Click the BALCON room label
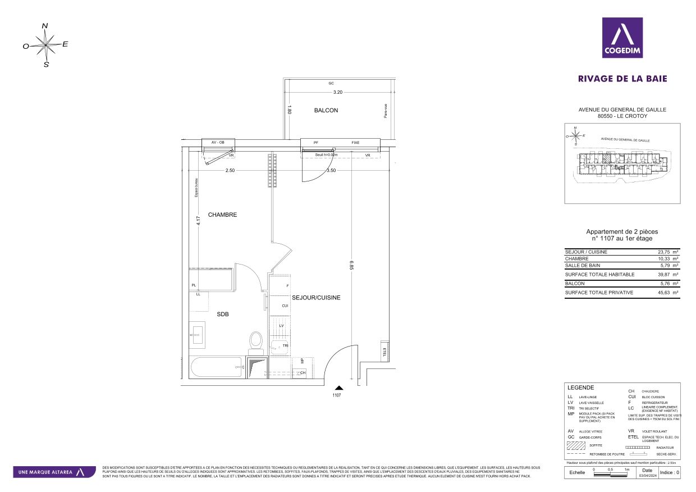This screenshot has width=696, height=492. [x=326, y=111]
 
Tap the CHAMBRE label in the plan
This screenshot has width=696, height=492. [x=222, y=215]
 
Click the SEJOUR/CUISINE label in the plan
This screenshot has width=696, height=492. [x=316, y=298]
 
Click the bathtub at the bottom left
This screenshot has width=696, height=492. [x=217, y=368]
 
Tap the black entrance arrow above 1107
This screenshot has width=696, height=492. [x=338, y=387]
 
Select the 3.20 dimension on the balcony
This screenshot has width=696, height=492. [x=337, y=92]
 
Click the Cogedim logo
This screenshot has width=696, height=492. [x=622, y=38]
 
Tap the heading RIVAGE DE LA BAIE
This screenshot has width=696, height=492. [x=622, y=79]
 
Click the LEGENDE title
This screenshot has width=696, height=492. [x=580, y=388]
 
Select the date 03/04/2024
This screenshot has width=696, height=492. [x=647, y=475]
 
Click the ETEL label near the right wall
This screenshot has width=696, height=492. [x=384, y=353]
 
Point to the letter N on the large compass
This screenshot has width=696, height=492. [x=45, y=25]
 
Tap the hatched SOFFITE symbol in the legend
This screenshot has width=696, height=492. [x=576, y=446]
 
